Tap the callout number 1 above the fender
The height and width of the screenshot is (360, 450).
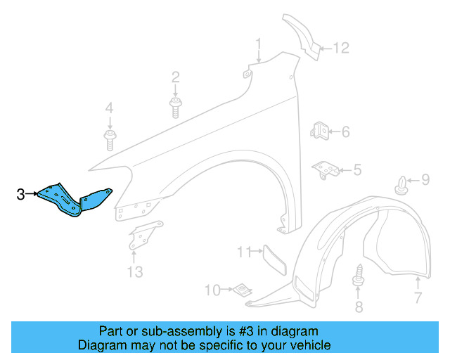pos(258,46)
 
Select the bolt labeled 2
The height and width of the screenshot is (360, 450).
pos(175,108)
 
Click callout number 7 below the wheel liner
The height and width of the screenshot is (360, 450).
pos(417,299)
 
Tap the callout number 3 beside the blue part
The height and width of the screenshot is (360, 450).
pos(20,194)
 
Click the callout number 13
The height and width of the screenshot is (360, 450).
pos(134,271)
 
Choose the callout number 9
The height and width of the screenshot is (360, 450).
pos(425,181)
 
